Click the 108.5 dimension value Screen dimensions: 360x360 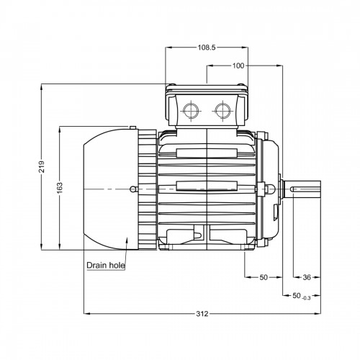tap(207, 48)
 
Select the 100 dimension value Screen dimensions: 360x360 tap(238, 66)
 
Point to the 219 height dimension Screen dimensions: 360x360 tap(42, 167)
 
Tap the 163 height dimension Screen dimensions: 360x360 tap(60, 187)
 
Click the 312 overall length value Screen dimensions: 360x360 tap(202, 314)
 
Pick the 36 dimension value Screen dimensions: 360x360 tap(307, 277)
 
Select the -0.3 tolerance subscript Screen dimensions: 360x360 tap(307, 298)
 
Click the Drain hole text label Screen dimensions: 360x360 tap(106, 266)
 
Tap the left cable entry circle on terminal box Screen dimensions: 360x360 tap(191, 111)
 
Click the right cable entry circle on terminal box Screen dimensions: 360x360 tap(223, 111)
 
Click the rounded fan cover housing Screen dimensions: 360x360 tap(111, 189)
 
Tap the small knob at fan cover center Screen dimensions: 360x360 tap(132, 189)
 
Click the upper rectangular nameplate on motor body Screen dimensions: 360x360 tap(207, 153)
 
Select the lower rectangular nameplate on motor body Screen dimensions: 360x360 tap(207, 185)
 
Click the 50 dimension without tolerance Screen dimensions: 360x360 tap(264, 277)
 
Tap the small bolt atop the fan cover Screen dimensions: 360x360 tap(132, 127)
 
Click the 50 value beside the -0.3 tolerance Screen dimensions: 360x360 tap(297, 296)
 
